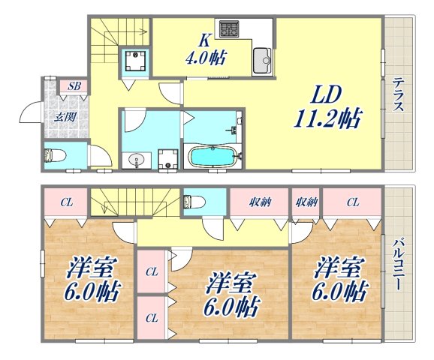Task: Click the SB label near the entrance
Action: tap(74, 87)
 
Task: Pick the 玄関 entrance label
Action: tap(62, 116)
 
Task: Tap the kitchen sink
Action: tap(262, 57)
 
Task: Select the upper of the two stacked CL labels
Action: tap(152, 271)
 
